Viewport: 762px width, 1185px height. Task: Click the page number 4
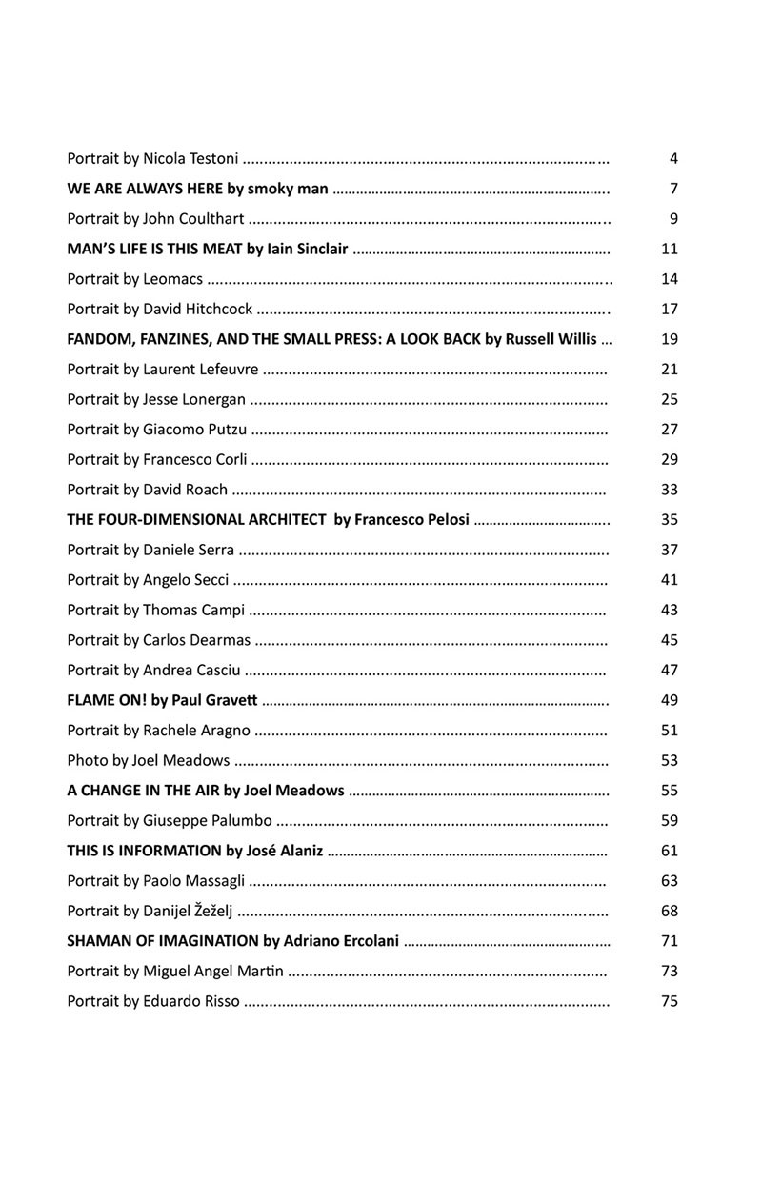click(673, 158)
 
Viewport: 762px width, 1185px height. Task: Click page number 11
click(669, 249)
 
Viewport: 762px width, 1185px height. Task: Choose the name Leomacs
click(172, 279)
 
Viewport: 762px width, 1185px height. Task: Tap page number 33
click(669, 490)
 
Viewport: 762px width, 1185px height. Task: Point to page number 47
click(669, 670)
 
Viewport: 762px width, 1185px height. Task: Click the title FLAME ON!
click(104, 700)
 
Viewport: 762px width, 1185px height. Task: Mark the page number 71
click(669, 940)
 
